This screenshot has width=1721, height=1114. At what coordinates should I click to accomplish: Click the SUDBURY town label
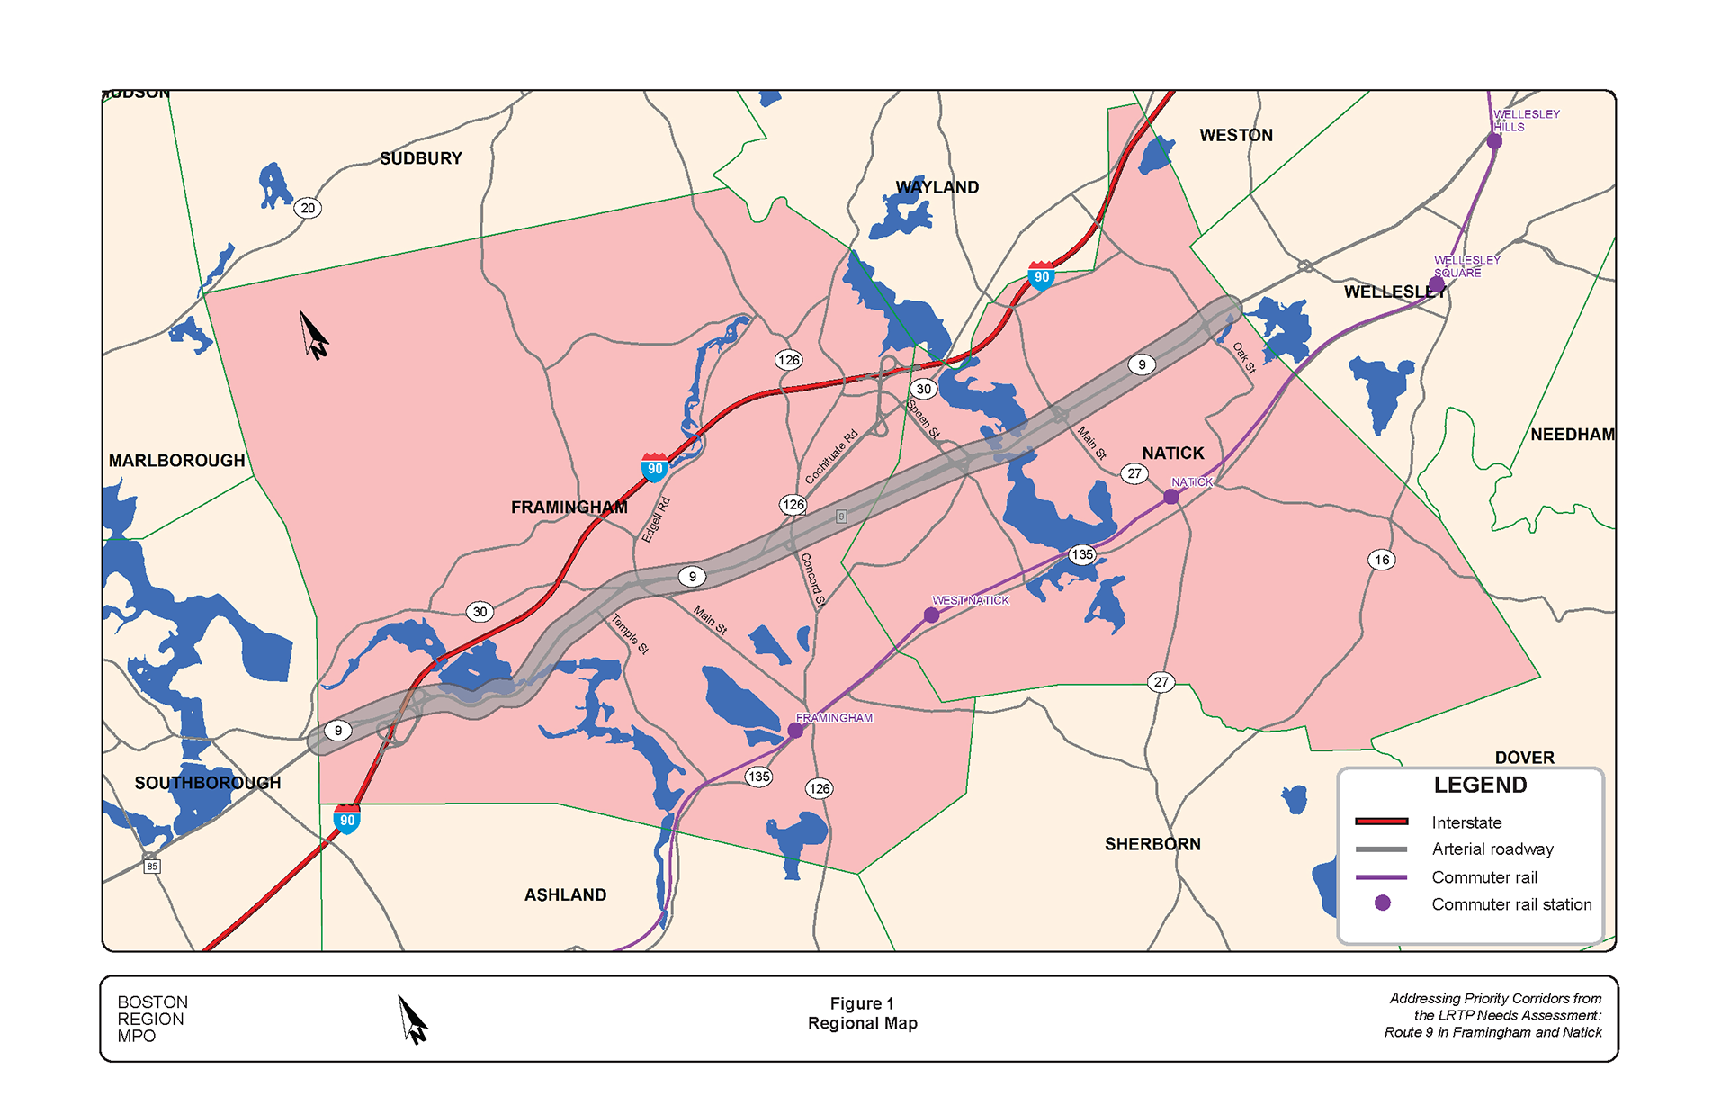pos(420,158)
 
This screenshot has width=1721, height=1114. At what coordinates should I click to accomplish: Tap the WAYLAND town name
pos(937,187)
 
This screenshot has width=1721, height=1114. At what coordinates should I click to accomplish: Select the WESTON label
pos(1235,135)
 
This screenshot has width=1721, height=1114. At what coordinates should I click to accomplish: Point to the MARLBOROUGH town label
pos(176,461)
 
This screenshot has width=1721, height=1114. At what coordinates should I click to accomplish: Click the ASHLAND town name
pos(565,894)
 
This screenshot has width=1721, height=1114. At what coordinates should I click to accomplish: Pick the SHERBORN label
pos(1152,844)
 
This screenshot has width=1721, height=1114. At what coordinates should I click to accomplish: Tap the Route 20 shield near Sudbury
pos(308,208)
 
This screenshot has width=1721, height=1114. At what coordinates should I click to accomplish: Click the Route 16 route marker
pos(1382,560)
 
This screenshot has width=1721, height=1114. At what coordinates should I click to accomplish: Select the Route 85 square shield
pos(152,866)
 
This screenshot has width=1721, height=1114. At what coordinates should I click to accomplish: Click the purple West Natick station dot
pos(931,615)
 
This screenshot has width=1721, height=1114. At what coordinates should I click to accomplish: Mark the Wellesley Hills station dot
pos(1494,141)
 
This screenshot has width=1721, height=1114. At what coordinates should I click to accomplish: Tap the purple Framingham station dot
pos(795,731)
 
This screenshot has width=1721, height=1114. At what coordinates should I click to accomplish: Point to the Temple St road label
pos(630,633)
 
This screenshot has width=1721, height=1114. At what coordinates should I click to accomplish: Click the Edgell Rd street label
pos(656,519)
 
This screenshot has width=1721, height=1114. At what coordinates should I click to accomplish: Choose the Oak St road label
pos(1243,357)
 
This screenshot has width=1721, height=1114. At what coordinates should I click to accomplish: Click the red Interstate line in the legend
pos(1381,822)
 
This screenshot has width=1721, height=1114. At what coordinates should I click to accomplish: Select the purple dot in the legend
pos(1382,903)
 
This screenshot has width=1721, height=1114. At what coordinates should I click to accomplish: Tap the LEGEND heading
pos(1480,785)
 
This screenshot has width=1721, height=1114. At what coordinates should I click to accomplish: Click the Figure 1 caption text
pos(862,1003)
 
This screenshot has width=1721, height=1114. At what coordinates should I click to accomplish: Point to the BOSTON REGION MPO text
pos(152,1019)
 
